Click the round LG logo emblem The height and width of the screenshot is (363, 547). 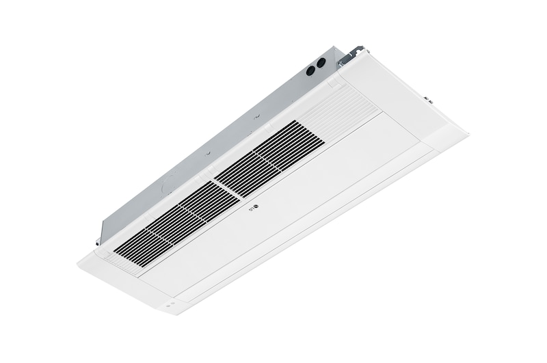point(256,209)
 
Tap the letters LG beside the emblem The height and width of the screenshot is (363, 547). point(251,211)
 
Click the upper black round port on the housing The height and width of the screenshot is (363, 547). point(321,63)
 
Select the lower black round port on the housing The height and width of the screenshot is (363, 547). point(310,70)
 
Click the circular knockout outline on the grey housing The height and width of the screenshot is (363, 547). point(168,187)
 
